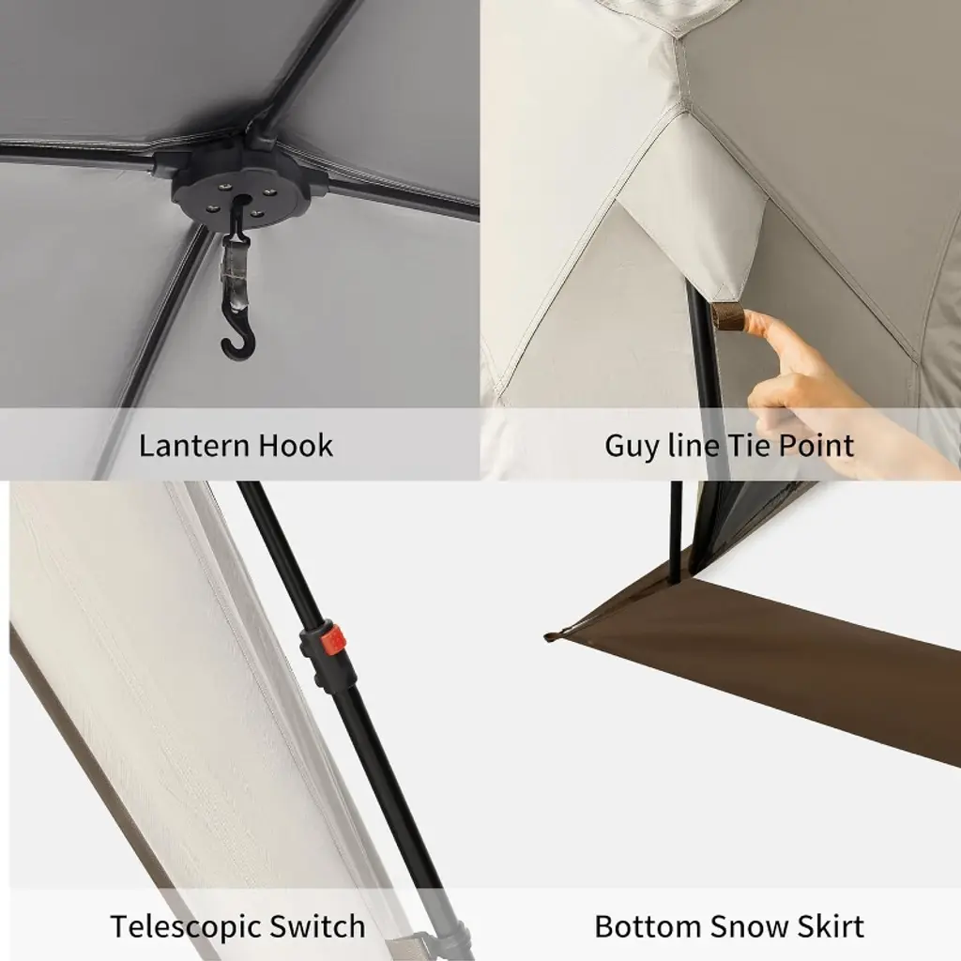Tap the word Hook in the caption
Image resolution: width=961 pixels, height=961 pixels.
[295, 446]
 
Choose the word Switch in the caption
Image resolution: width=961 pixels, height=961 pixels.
[317, 926]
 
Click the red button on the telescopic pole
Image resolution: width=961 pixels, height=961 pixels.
[333, 640]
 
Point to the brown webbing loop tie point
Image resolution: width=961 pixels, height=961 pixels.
[727, 316]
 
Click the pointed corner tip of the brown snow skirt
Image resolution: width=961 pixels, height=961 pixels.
[547, 637]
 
